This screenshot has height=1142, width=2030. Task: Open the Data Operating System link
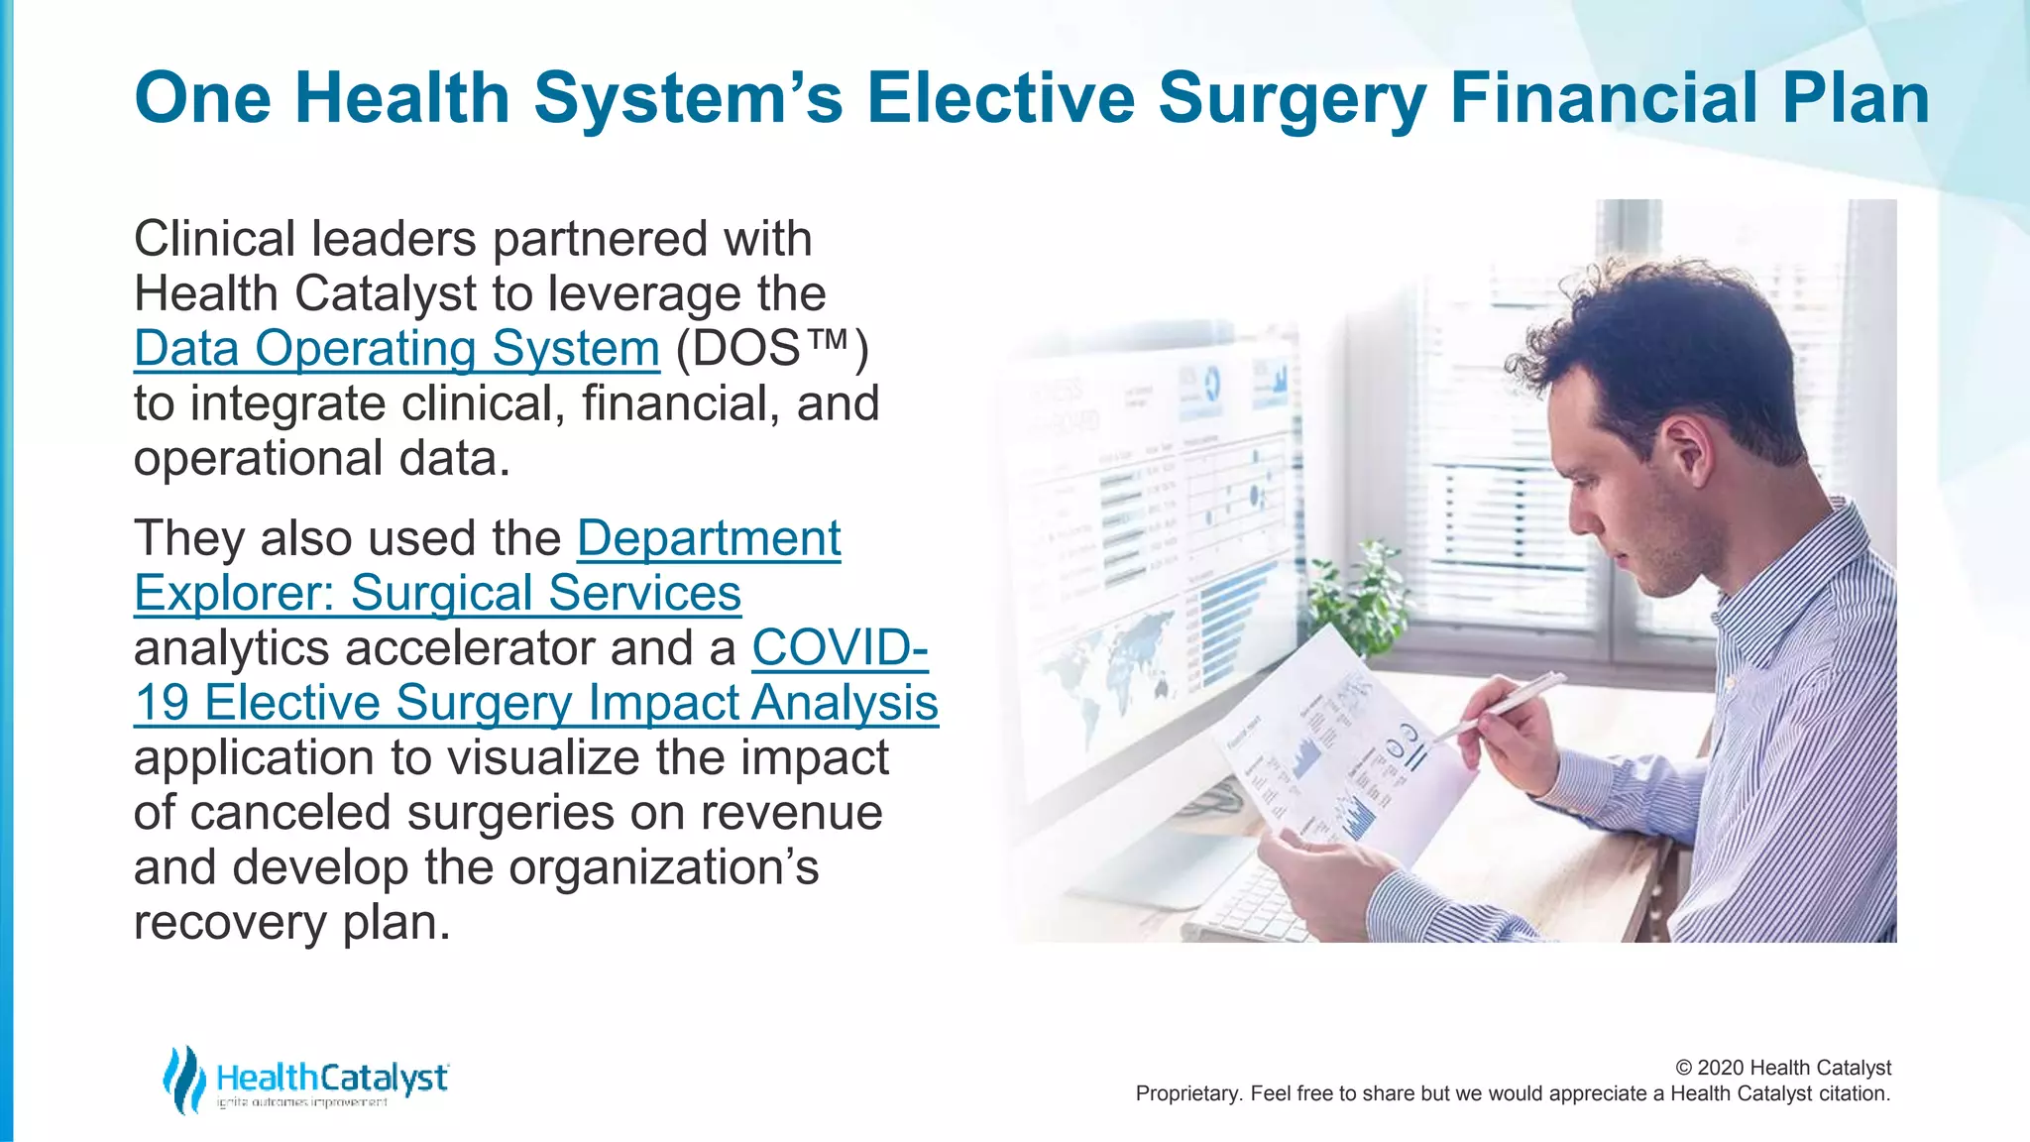point(396,349)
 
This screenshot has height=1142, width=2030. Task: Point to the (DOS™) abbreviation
point(772,349)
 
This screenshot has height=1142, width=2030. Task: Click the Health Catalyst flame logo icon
point(184,1079)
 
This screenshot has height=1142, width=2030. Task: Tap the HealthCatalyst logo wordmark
point(331,1078)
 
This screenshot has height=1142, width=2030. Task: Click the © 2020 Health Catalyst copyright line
point(1782,1068)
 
